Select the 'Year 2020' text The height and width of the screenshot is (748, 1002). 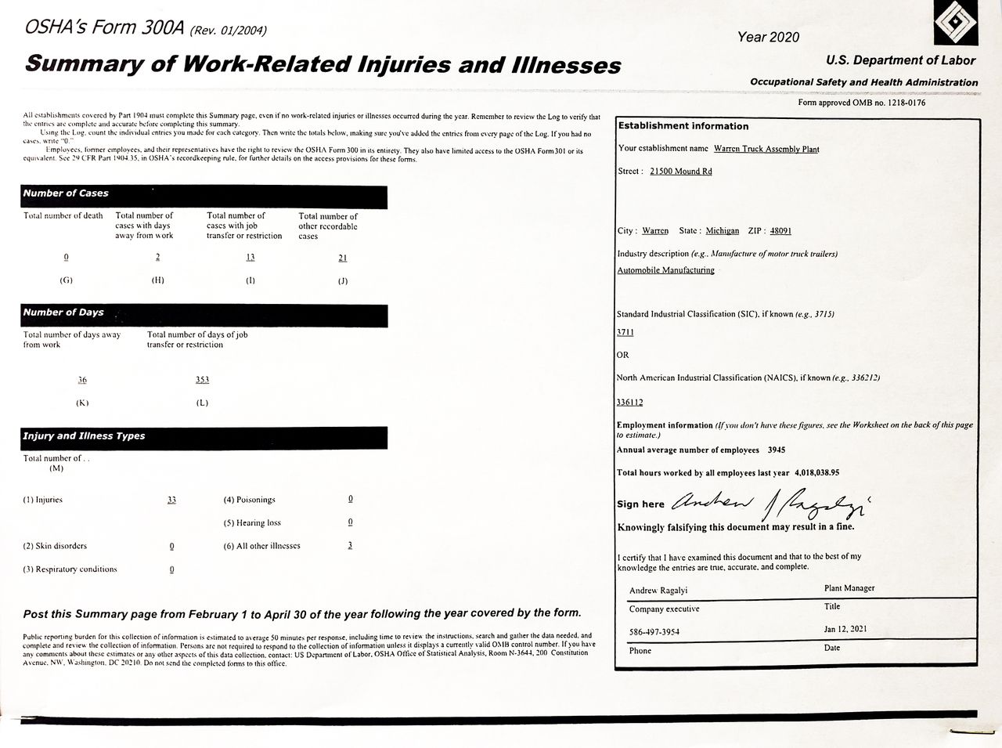point(768,37)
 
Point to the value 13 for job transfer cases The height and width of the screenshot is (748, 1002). point(250,258)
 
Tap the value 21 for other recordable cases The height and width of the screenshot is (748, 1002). point(342,258)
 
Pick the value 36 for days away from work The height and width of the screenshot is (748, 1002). point(82,380)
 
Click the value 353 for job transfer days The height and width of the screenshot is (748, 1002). point(202,380)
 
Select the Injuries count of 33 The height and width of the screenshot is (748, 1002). point(171,500)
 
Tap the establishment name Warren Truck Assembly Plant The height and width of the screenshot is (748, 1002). point(766,149)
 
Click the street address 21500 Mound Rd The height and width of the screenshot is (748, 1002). point(681,172)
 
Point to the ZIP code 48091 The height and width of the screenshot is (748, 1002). point(780,231)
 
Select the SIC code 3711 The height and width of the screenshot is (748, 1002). point(625,332)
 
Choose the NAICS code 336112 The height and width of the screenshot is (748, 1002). point(630,403)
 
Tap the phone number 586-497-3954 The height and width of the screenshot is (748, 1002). point(654,631)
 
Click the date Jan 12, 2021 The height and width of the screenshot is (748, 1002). point(845,629)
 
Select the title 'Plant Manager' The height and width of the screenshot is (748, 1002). point(849,588)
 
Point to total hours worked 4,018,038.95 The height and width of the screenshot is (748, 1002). point(816,473)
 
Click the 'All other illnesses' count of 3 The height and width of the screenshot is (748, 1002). point(350,545)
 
